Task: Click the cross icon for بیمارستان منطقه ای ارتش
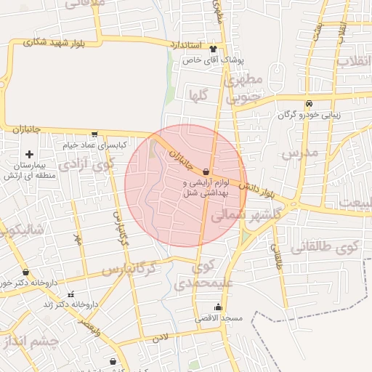point(29,154)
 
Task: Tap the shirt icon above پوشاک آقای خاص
point(213,49)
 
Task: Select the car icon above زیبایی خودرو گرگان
point(310,103)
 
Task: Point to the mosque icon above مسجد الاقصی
point(218,307)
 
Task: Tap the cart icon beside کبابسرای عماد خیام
point(95,134)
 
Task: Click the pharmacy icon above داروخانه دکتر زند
point(70,294)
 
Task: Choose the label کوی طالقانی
point(326,248)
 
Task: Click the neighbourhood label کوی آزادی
point(86,163)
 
